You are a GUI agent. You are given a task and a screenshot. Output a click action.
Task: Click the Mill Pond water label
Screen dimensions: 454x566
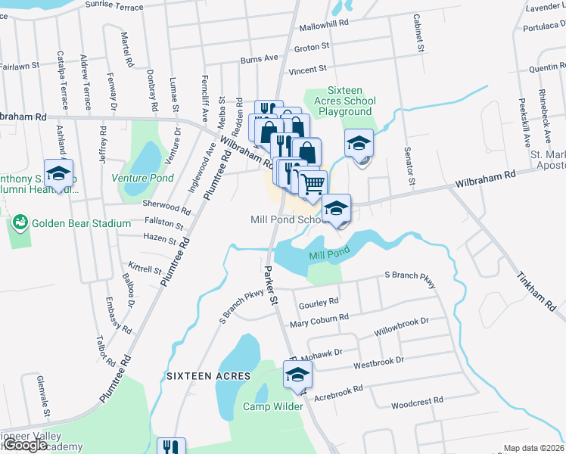coord(329,255)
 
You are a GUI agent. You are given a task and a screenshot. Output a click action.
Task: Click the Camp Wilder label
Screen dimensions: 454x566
coord(272,406)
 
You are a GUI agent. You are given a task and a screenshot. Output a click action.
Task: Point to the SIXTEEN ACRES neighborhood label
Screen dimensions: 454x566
coord(197,376)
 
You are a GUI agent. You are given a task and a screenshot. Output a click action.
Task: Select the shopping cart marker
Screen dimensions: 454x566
coord(313,183)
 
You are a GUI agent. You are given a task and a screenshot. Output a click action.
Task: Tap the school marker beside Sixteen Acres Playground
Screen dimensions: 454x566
coord(359,142)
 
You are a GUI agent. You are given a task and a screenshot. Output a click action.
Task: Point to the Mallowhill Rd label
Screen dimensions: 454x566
coord(323,23)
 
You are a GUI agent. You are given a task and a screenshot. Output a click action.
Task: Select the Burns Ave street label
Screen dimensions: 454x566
coord(260,58)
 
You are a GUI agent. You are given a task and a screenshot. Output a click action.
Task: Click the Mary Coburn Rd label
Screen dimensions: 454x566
coord(319,321)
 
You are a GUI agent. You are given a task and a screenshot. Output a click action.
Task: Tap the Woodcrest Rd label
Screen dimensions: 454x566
coord(417,400)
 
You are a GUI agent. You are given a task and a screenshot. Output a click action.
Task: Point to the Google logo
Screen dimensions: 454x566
coord(24,446)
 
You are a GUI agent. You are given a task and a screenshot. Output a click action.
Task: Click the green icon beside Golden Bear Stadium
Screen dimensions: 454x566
coord(19,223)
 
